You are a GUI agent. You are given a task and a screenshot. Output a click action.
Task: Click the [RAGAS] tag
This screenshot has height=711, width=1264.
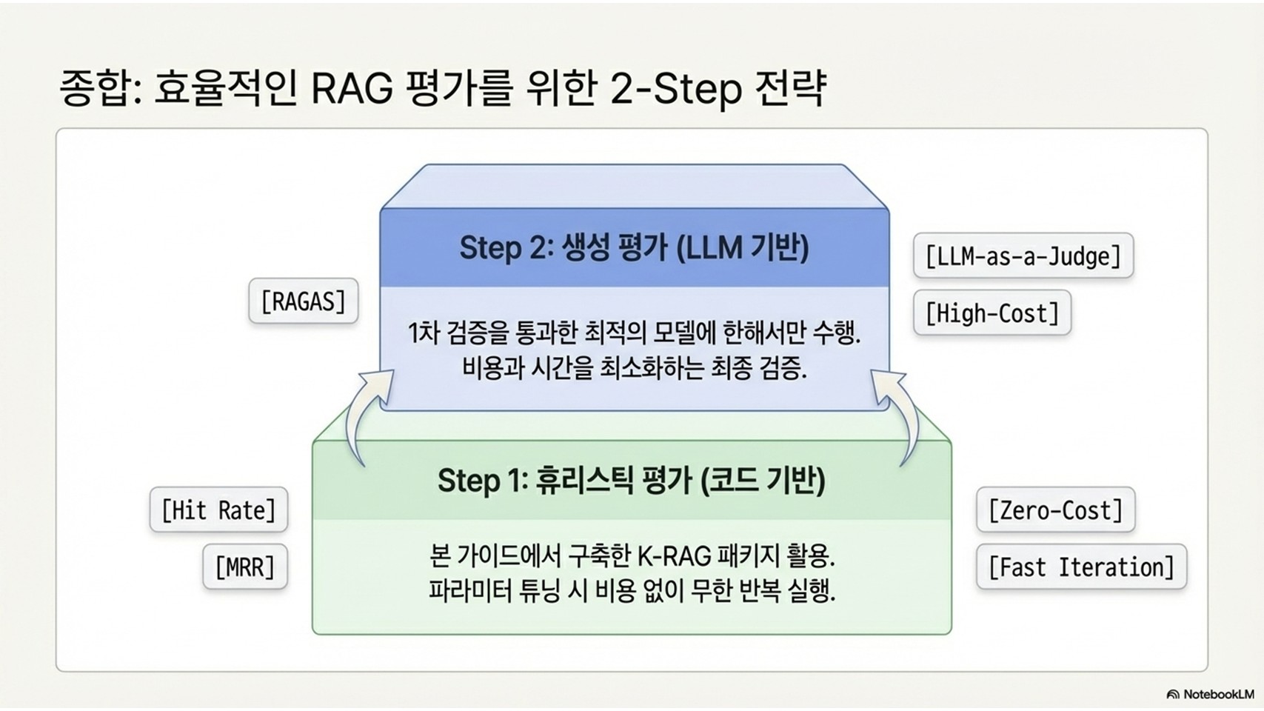[304, 301]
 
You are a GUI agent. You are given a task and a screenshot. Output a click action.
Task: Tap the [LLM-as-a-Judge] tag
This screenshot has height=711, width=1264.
[1023, 256]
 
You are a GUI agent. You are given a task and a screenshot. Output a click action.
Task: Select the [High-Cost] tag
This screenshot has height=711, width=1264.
[992, 313]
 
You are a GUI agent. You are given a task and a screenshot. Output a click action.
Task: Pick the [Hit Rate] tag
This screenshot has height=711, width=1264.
[218, 510]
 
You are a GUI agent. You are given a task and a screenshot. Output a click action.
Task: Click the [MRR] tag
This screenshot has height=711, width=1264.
[245, 567]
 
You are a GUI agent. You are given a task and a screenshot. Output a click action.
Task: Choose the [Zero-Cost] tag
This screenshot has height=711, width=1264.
[1055, 510]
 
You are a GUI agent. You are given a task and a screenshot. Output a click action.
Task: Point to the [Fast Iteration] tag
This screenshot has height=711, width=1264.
[1081, 567]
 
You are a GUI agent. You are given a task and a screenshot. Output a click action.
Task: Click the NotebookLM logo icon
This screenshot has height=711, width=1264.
[1172, 695]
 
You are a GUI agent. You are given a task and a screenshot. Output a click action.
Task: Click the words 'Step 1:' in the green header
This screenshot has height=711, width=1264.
[482, 481]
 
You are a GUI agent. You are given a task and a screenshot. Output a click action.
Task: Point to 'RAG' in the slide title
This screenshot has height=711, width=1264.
[352, 89]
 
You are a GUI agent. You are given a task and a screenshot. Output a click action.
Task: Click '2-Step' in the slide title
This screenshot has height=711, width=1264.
[676, 89]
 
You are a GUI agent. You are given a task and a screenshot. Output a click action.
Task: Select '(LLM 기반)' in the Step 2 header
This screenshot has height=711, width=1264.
[743, 247]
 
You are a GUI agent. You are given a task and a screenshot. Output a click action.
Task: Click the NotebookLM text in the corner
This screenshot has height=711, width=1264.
[1219, 695]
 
